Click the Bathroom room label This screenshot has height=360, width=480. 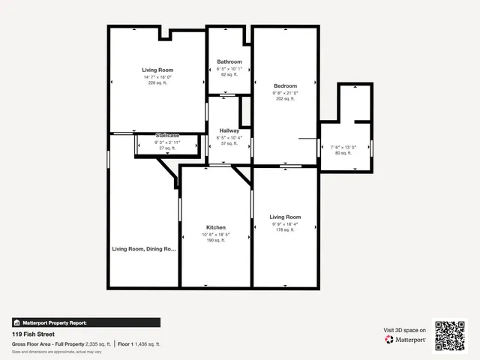229,61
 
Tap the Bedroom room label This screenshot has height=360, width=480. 285,85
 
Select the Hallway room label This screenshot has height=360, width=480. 229,130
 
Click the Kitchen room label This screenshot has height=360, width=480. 216,227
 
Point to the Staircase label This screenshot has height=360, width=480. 167,135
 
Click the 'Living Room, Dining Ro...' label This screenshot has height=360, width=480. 144,249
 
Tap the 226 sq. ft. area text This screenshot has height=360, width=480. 157,82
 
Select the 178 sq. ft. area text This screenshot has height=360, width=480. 285,230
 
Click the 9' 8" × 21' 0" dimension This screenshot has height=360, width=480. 285,93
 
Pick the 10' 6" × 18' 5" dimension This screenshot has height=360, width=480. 216,235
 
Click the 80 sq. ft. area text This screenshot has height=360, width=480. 343,153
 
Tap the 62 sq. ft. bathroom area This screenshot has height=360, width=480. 229,74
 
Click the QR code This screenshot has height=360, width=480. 451,335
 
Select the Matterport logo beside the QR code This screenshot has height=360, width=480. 406,340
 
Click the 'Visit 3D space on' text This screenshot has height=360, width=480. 405,330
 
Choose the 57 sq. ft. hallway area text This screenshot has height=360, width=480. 229,143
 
